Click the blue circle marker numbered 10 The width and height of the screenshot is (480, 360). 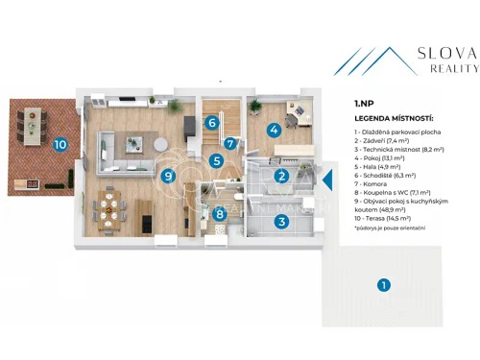click(x=60, y=145)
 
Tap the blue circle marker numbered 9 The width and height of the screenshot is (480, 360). click(x=168, y=176)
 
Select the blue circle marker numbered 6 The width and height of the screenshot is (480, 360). click(x=210, y=122)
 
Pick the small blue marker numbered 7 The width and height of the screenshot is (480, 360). click(x=230, y=144)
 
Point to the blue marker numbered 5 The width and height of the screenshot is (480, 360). click(x=218, y=161)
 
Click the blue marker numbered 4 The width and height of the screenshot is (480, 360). click(x=274, y=130)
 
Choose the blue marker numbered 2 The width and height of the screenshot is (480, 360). click(x=281, y=176)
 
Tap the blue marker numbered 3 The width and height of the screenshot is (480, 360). click(x=281, y=222)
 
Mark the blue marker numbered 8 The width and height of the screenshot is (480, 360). click(x=220, y=214)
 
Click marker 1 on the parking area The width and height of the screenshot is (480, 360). click(x=383, y=284)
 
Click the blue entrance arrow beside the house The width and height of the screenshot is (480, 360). click(x=326, y=179)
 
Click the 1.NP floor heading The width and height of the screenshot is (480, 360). click(x=364, y=103)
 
